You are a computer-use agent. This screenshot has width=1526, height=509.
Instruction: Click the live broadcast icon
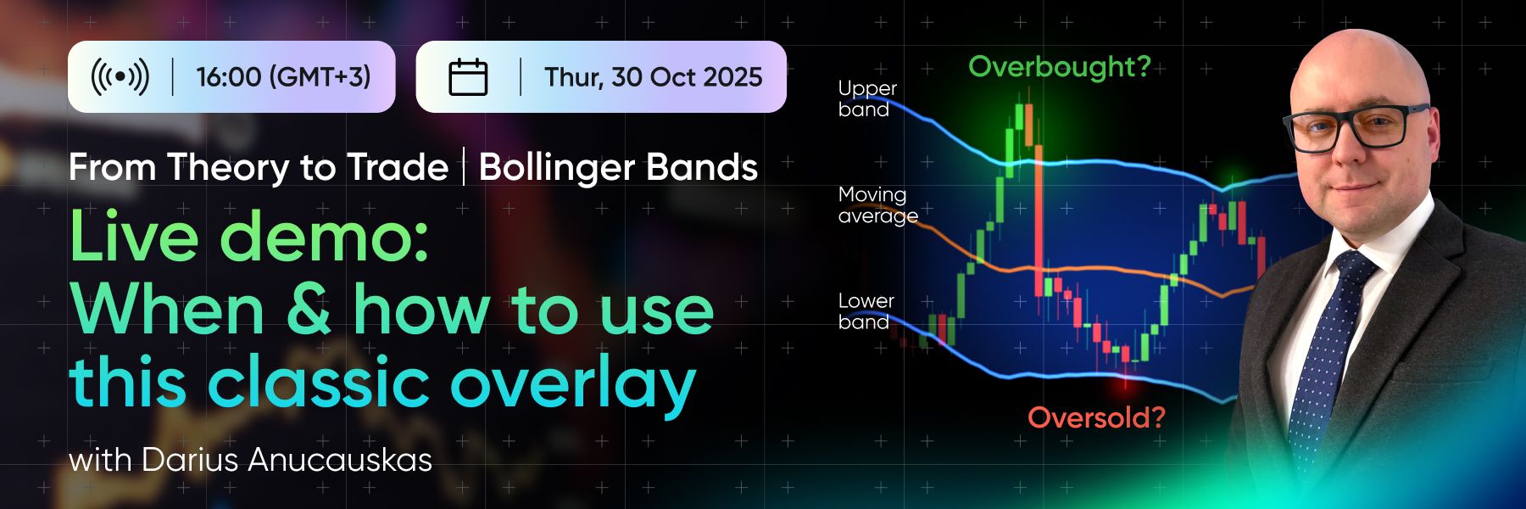[120, 76]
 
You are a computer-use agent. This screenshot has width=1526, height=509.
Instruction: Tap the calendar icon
[468, 77]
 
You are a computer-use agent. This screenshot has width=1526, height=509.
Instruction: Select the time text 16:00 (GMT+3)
[283, 77]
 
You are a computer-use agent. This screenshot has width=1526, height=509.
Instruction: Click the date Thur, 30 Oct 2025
[653, 77]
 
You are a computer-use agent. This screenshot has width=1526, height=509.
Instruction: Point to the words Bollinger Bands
[618, 167]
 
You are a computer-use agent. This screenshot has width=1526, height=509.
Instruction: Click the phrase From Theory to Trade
[259, 167]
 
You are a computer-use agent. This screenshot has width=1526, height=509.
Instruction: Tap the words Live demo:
[248, 237]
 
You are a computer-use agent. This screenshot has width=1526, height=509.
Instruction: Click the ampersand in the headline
[308, 310]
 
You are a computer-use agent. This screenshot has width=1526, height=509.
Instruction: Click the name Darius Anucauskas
[287, 460]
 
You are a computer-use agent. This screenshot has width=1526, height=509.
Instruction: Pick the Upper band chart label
[866, 98]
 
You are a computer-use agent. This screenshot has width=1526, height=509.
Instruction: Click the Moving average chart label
[877, 205]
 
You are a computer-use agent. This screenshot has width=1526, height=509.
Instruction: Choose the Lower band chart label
[866, 311]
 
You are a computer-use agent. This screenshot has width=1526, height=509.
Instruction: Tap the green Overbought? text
[1060, 66]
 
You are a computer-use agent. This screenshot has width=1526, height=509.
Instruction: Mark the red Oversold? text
[1096, 417]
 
